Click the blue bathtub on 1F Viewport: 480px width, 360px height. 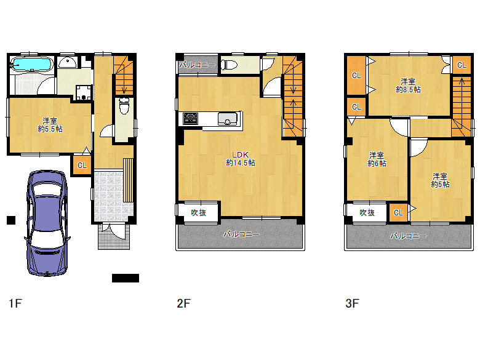[x=31, y=64]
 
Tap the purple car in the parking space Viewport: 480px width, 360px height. [x=47, y=223]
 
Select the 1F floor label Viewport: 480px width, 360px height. [x=15, y=303]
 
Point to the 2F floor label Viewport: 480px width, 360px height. [x=183, y=303]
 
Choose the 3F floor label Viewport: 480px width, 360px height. [x=352, y=303]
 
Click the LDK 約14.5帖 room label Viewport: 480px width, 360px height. [x=240, y=159]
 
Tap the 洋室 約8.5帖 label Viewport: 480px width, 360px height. [x=408, y=86]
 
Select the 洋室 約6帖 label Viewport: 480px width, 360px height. [x=377, y=159]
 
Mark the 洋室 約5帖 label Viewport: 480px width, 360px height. [x=440, y=180]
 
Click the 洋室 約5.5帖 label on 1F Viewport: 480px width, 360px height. [x=50, y=125]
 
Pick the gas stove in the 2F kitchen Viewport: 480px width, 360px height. [x=190, y=119]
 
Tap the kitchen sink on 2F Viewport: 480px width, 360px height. [x=228, y=119]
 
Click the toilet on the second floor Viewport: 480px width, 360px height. [x=230, y=65]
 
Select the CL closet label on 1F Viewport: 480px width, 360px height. [x=82, y=166]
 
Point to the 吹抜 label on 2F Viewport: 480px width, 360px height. [x=198, y=212]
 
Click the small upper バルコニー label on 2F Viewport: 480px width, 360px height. [x=197, y=65]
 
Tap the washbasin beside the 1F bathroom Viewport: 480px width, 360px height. [x=67, y=62]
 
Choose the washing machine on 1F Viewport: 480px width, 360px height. [x=84, y=93]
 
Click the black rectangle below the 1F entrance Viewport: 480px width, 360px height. [x=126, y=278]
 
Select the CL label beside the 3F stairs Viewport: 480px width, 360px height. [x=462, y=65]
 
